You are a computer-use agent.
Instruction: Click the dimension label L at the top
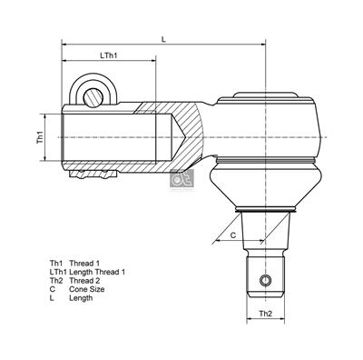click(x=162, y=38)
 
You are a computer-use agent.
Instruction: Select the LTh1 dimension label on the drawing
click(x=109, y=56)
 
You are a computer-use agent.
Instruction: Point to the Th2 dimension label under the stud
click(x=266, y=314)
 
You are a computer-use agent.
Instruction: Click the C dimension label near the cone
click(x=231, y=235)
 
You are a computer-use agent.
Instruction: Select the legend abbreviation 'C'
click(x=53, y=289)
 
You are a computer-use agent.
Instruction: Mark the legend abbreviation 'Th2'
click(x=56, y=281)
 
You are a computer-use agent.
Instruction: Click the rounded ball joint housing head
click(x=272, y=123)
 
